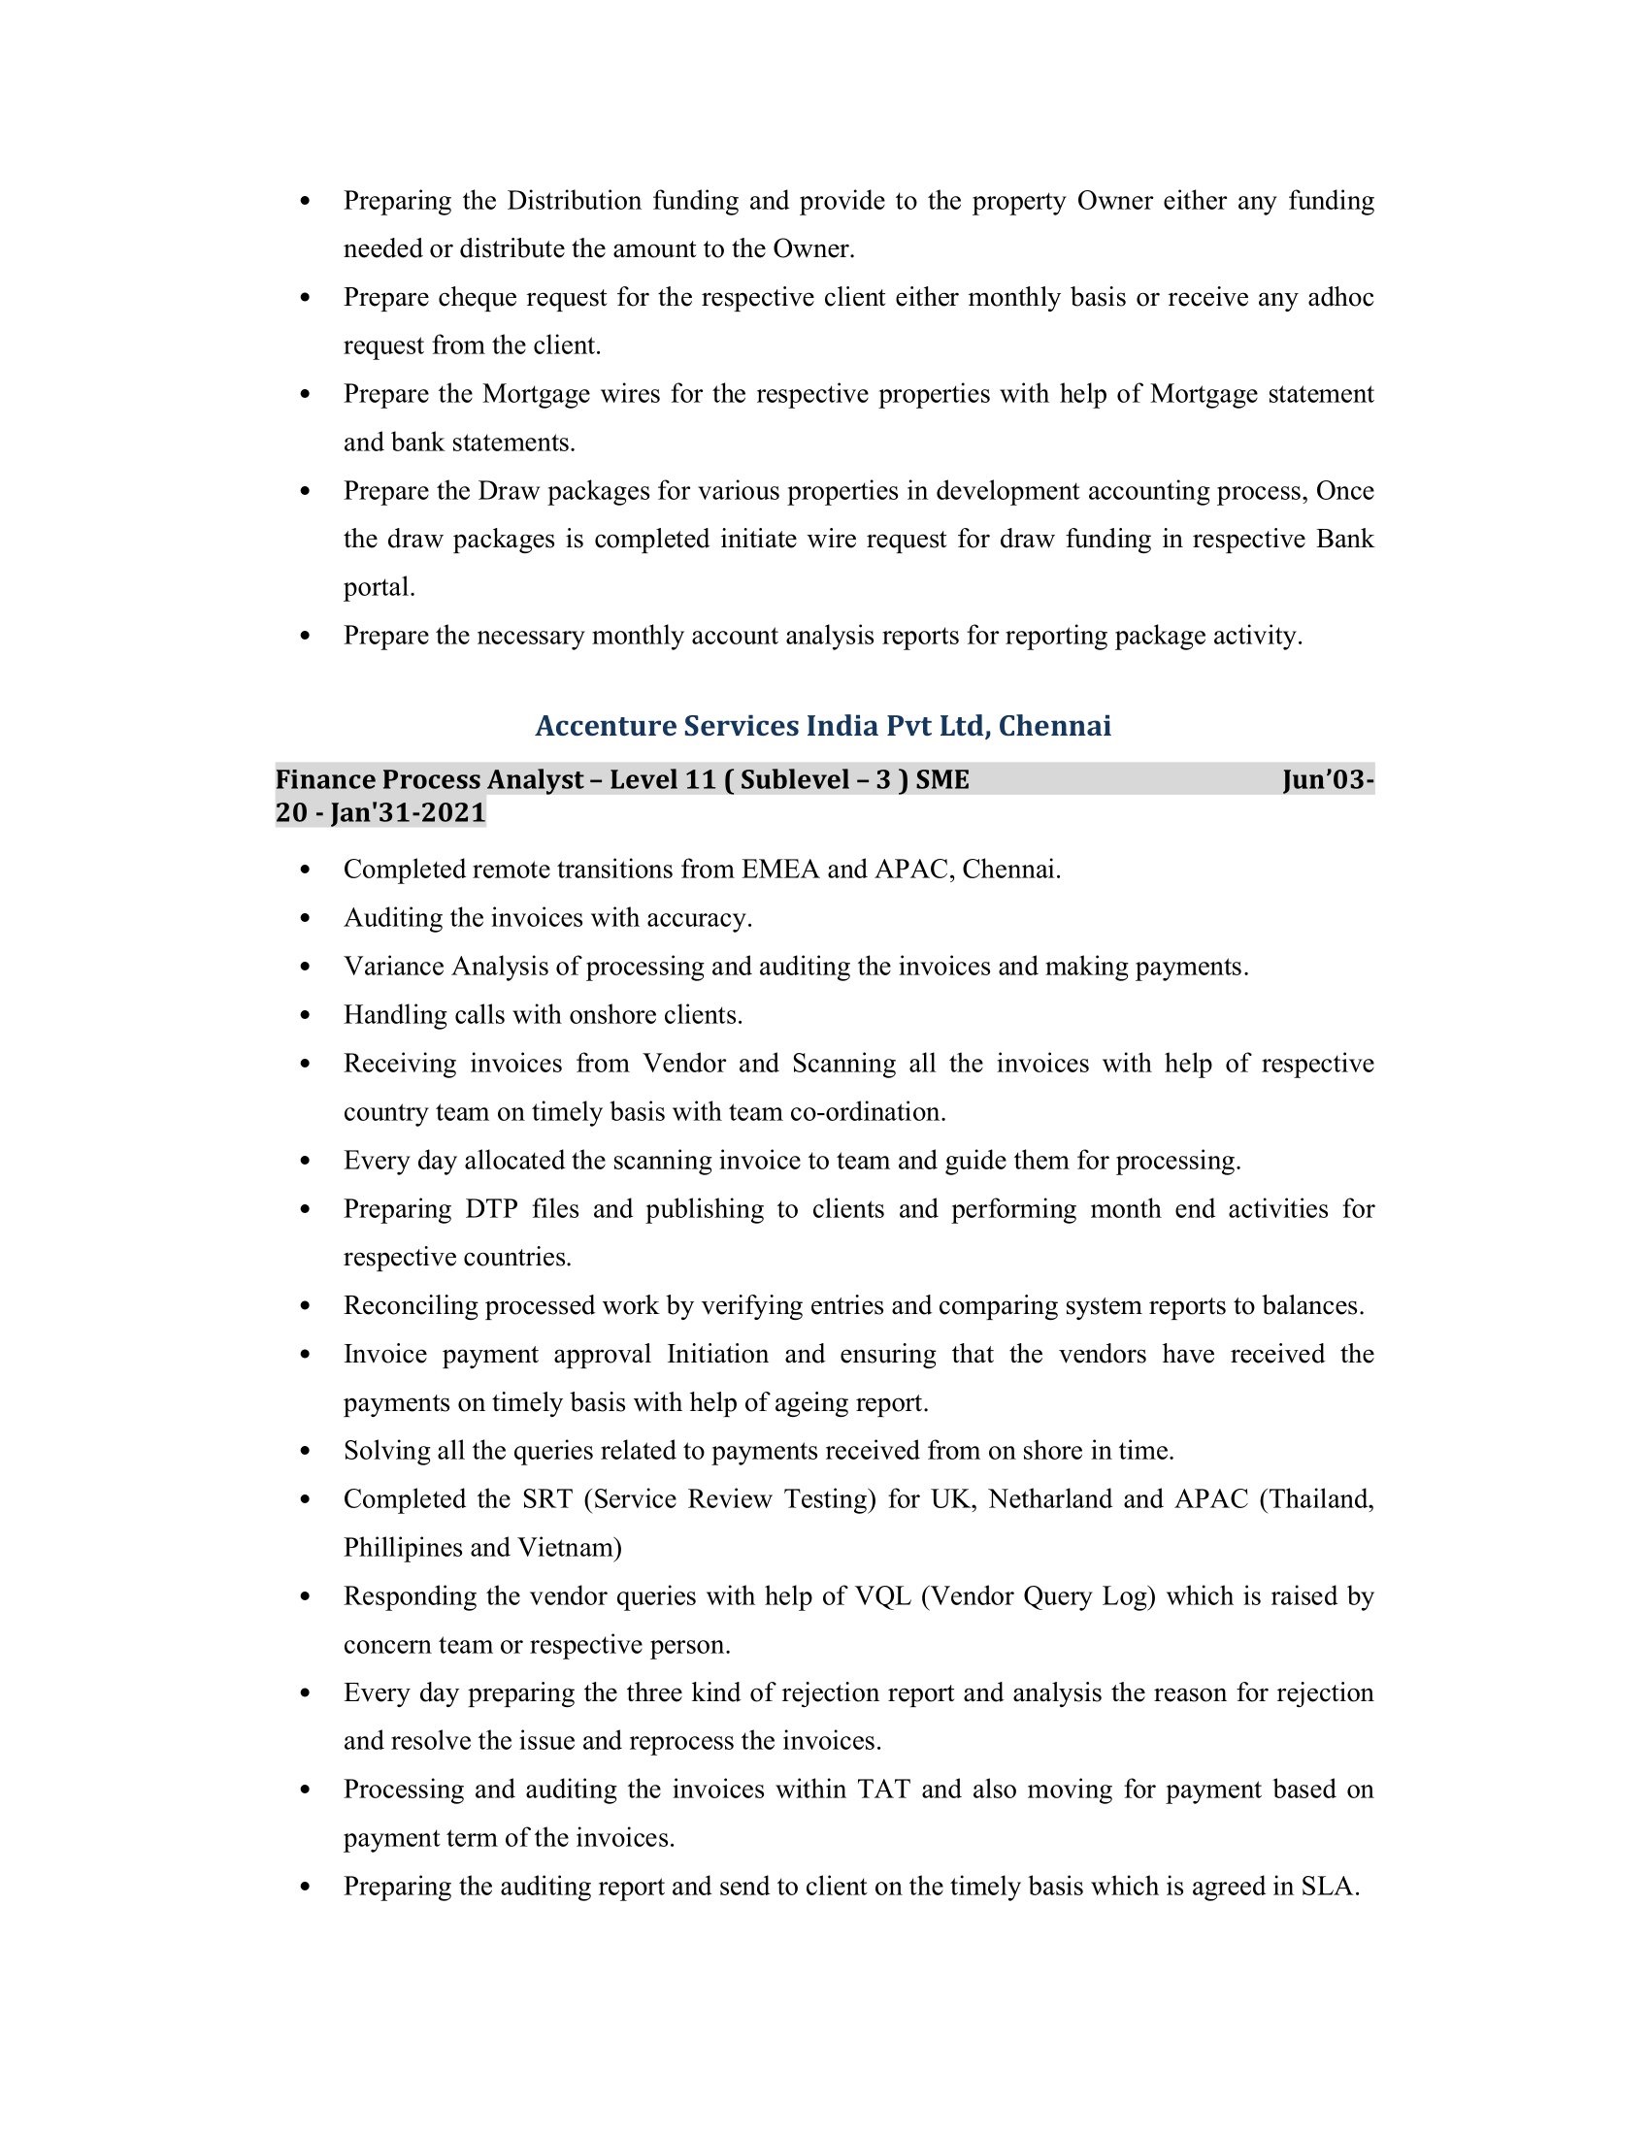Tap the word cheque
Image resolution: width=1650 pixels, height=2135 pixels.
coord(477,297)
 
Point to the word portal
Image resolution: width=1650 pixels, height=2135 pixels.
coord(379,587)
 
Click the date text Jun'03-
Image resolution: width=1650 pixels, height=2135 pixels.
coord(1328,780)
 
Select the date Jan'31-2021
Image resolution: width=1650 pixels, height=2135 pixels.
coord(408,813)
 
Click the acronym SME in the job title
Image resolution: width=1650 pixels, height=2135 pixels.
coord(942,780)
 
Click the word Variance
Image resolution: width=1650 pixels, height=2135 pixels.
coord(393,966)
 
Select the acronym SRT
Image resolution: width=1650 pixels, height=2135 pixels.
coord(546,1498)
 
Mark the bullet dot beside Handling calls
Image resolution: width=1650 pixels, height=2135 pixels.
coord(306,1016)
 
